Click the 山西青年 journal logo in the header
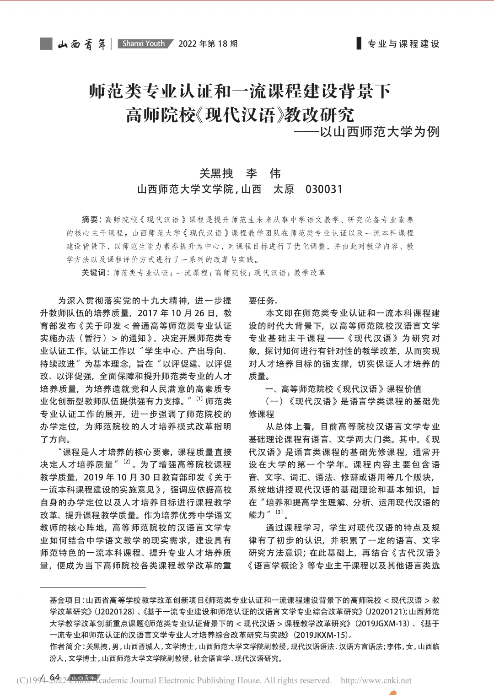point(82,44)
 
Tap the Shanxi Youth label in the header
point(144,44)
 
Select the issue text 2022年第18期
point(208,44)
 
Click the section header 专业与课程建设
point(403,44)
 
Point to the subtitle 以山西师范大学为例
point(380,132)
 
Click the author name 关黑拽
point(216,173)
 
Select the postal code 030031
point(324,189)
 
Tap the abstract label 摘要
point(90,220)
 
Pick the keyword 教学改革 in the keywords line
point(310,273)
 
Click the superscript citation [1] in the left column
point(199,399)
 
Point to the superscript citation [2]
point(127,462)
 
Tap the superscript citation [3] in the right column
point(279,512)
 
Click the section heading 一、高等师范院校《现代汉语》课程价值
point(343,389)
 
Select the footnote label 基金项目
point(66,600)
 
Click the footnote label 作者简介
point(66,647)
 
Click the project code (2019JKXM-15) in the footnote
point(322,635)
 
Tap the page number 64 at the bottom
point(55,677)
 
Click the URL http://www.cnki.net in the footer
point(376,680)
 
